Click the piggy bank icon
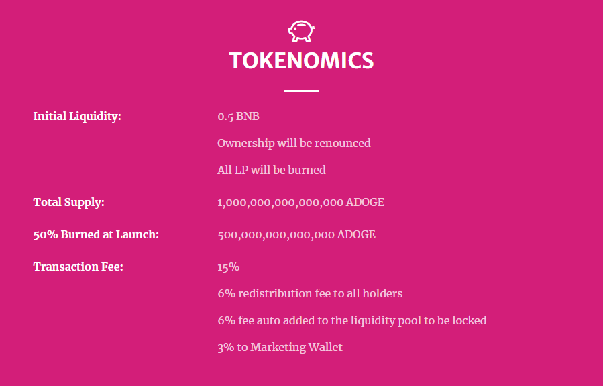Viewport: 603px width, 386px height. pos(301,31)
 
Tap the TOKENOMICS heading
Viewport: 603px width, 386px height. pos(301,61)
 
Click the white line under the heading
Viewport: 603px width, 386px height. pos(301,91)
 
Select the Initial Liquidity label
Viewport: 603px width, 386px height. pos(77,117)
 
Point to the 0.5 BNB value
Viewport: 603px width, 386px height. pos(238,117)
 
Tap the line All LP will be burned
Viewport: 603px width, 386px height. pos(271,170)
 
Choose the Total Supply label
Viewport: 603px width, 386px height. pos(68,202)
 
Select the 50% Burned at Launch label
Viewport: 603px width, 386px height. pos(96,234)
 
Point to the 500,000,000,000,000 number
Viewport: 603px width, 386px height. pos(276,234)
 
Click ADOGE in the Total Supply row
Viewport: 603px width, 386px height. pos(365,202)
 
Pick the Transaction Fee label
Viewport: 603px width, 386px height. pos(78,267)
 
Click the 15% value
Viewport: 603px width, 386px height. pos(228,267)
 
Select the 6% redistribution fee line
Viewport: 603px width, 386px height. pos(309,293)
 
